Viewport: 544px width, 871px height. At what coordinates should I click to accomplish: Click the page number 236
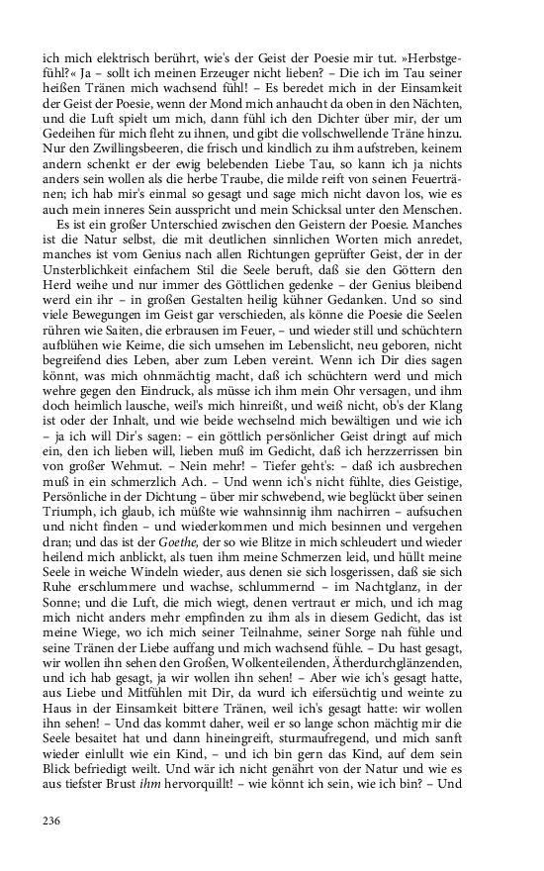pyautogui.click(x=52, y=820)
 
